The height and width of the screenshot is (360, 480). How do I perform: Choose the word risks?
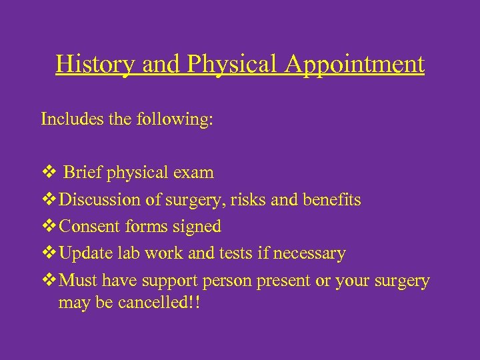(x=264, y=200)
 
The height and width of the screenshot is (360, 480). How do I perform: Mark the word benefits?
(x=333, y=200)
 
